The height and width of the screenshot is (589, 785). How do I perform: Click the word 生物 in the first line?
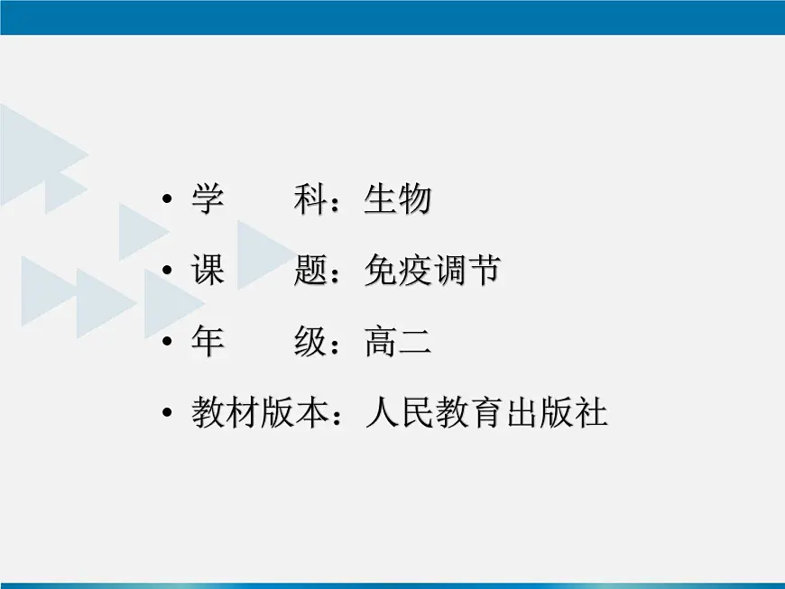397,199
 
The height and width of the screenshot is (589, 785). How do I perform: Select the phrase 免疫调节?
431,271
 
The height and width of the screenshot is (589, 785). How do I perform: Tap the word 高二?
397,342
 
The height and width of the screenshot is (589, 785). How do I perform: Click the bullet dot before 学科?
166,200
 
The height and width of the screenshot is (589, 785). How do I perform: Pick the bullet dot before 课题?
166,271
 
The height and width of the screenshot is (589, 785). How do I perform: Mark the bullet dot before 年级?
166,343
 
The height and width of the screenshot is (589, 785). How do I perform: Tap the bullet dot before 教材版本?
166,414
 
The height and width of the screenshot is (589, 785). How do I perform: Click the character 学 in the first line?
208,199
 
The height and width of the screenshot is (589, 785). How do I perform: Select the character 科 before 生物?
310,199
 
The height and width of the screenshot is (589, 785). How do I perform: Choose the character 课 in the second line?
208,271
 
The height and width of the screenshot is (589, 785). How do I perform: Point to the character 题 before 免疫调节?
310,271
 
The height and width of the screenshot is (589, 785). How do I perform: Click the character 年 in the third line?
208,342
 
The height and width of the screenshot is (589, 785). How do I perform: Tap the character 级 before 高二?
310,342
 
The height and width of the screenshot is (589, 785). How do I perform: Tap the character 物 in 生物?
414,199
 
